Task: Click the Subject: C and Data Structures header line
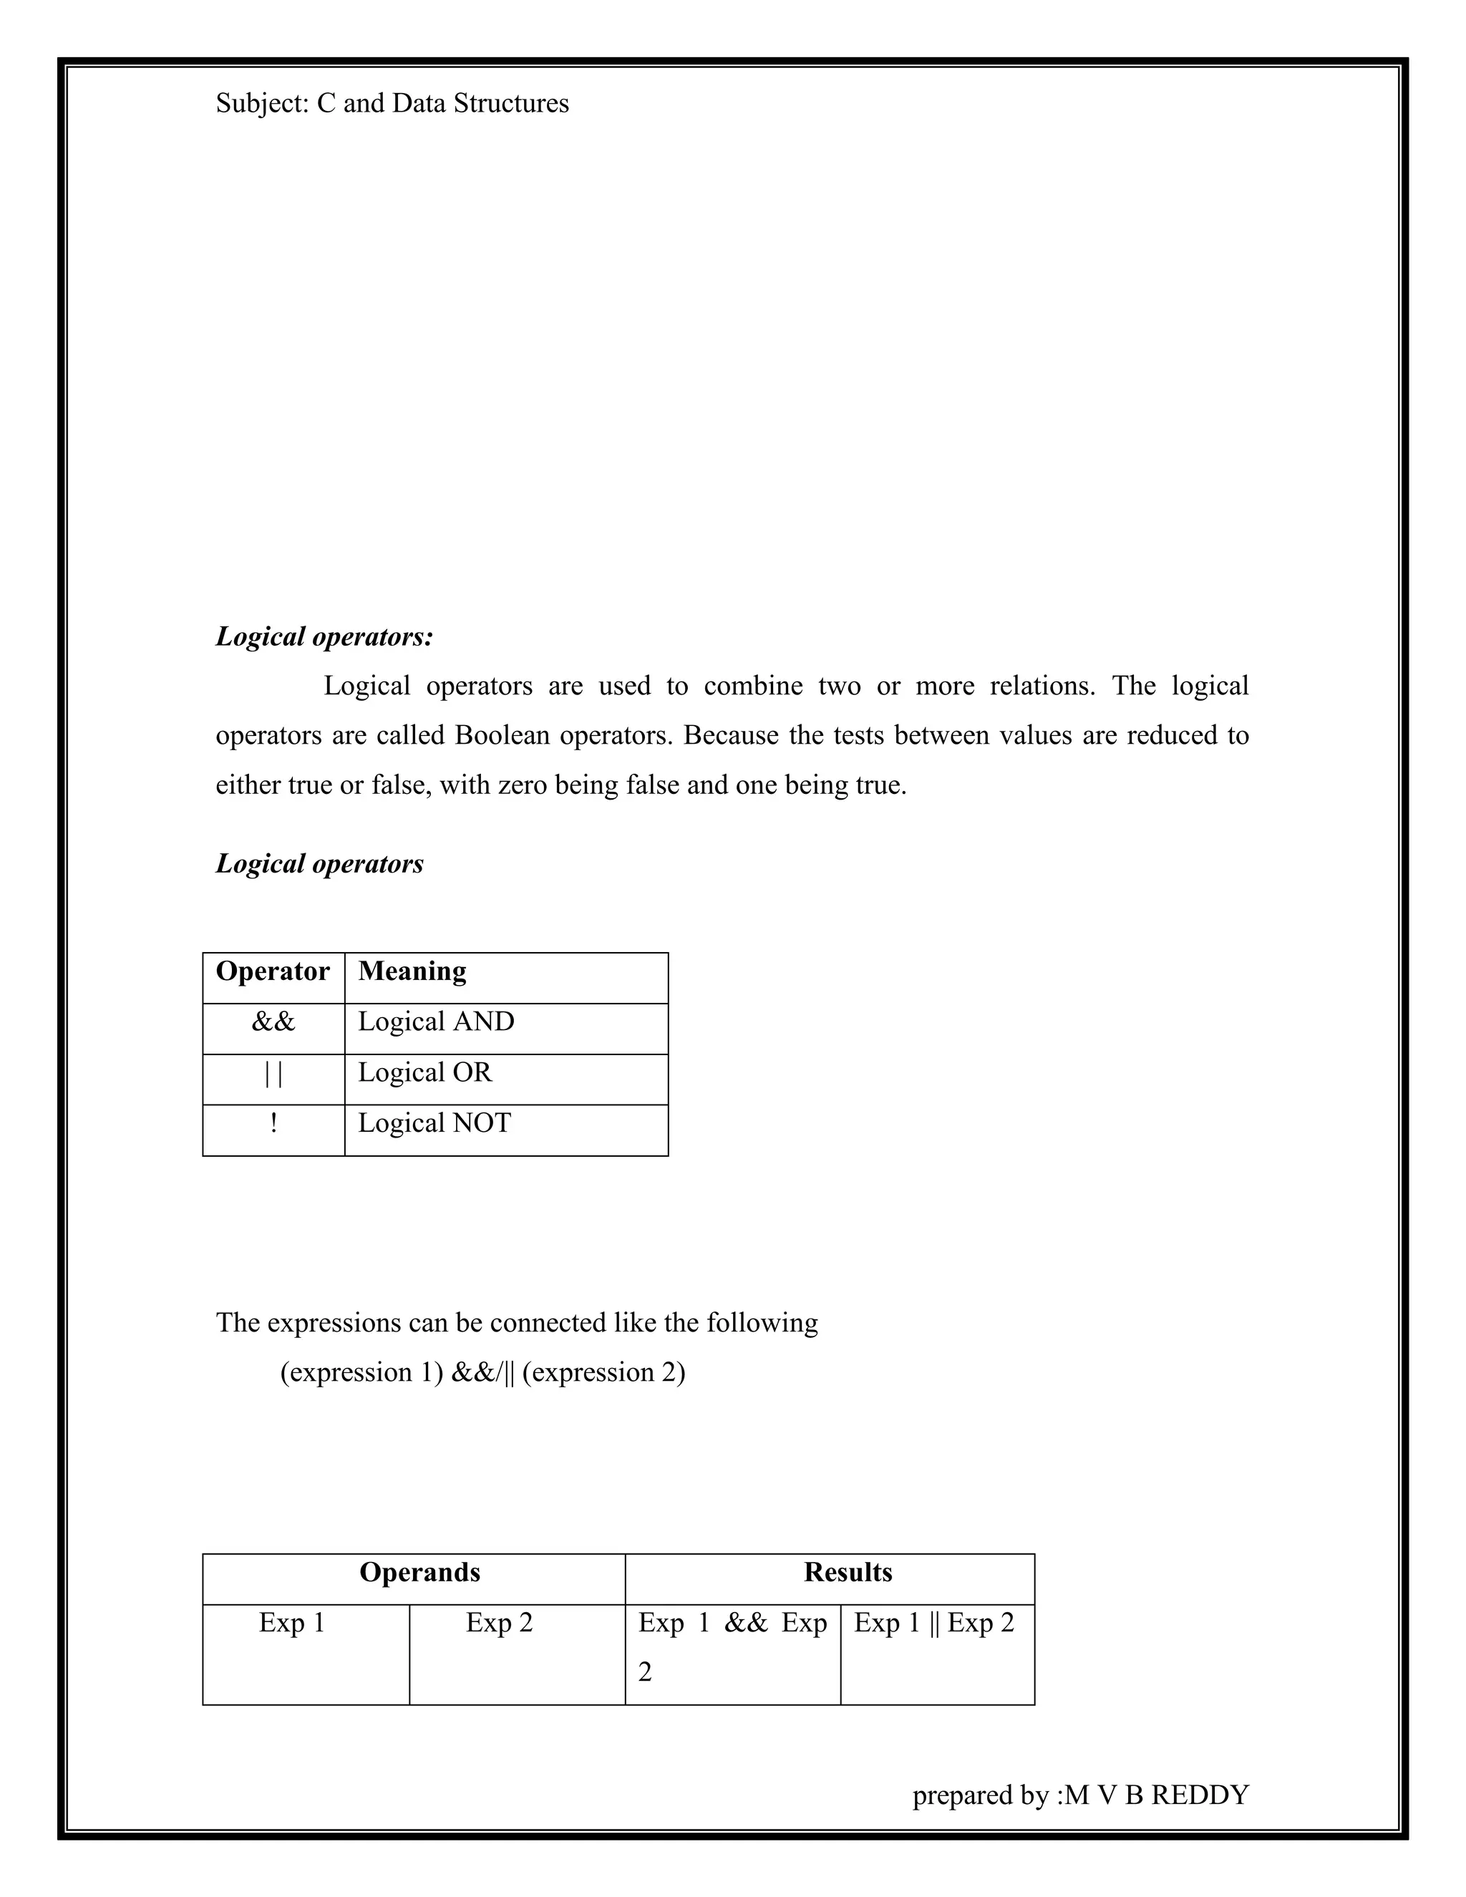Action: (392, 103)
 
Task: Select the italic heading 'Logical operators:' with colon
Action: (324, 636)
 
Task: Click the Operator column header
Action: (273, 971)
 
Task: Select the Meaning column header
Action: (412, 971)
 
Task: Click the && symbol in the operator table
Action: (273, 1022)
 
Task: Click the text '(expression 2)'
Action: (603, 1372)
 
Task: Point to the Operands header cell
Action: (419, 1572)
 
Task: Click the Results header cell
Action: (848, 1572)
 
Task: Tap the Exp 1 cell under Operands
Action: (292, 1623)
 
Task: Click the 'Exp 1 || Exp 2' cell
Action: (933, 1623)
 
